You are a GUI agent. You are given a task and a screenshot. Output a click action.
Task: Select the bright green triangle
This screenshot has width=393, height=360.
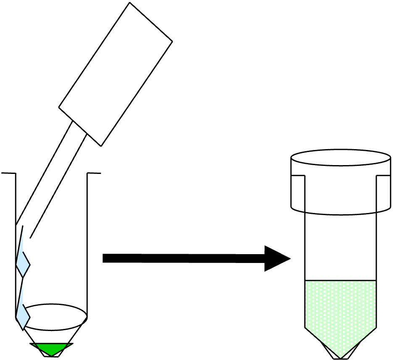point(51,349)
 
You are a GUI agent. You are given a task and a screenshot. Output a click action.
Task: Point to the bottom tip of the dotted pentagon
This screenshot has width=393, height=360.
point(340,357)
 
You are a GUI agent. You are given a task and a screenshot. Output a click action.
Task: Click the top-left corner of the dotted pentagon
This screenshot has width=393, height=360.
point(306,281)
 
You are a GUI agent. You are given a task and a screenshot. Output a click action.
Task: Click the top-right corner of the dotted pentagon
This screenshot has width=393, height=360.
point(375,281)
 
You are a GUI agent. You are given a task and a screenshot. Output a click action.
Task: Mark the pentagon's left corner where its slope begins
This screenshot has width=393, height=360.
point(306,327)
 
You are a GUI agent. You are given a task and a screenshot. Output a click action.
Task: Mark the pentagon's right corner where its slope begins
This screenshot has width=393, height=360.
point(375,327)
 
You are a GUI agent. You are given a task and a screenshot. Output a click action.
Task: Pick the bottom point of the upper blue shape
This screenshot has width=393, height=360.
point(23,276)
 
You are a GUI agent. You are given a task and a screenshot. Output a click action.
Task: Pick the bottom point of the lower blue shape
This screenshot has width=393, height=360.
point(23,328)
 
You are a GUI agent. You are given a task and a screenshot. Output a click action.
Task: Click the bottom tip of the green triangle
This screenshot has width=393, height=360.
point(51,355)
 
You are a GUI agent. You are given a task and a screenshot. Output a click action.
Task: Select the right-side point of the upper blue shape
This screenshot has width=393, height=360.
point(29,265)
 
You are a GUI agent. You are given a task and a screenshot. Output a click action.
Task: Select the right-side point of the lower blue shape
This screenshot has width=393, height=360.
point(29,317)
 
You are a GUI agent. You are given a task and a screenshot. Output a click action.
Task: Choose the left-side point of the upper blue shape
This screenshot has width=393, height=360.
point(17,264)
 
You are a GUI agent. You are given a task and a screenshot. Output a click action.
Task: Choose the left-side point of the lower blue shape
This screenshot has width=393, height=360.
point(17,317)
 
